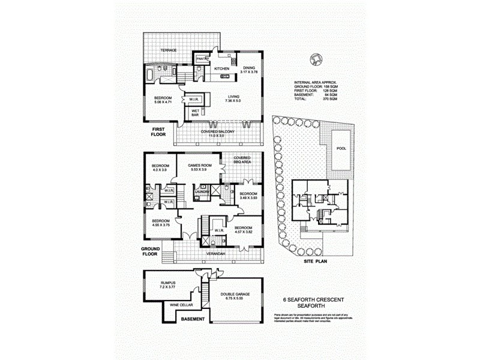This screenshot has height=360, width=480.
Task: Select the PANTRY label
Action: pyautogui.click(x=201, y=58)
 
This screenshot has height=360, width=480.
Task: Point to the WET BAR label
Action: pyautogui.click(x=196, y=112)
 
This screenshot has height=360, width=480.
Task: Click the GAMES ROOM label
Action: pyautogui.click(x=197, y=167)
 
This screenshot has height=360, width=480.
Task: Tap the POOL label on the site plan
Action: pyautogui.click(x=341, y=148)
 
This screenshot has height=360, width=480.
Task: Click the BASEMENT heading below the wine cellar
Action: pyautogui.click(x=194, y=319)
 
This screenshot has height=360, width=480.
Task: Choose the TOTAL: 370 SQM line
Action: pyautogui.click(x=316, y=98)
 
